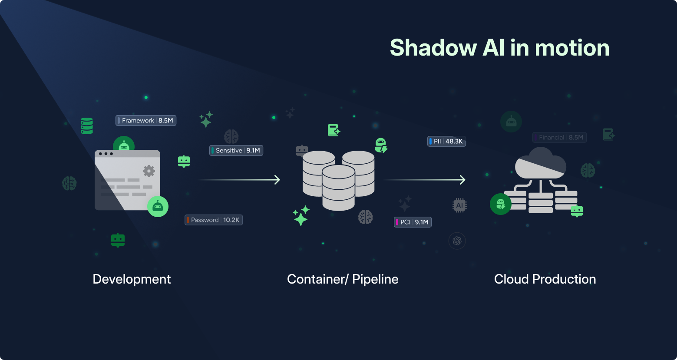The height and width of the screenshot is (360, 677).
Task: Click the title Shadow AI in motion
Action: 499,47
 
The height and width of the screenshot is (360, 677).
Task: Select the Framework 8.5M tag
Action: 146,121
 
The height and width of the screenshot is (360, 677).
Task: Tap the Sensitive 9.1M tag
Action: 236,151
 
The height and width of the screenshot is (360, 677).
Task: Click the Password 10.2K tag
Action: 214,220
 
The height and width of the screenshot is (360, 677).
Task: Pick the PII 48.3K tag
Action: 446,142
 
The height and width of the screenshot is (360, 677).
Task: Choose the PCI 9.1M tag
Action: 413,222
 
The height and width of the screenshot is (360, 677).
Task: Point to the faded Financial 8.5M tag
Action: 559,138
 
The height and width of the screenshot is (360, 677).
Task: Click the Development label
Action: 132,279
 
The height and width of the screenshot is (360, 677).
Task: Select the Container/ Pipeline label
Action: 343,279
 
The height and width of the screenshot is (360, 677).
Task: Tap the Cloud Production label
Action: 545,279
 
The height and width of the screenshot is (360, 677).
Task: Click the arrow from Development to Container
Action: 239,180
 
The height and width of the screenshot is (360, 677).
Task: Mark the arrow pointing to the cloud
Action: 425,180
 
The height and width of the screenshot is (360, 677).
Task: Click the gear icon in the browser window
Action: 149,171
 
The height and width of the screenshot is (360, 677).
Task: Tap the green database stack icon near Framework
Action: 87,126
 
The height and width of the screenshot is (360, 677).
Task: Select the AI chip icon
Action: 459,205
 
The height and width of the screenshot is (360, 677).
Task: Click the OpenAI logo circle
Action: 457,241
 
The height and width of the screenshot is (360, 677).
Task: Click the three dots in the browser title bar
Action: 106,154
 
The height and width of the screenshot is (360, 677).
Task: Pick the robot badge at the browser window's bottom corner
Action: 158,207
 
